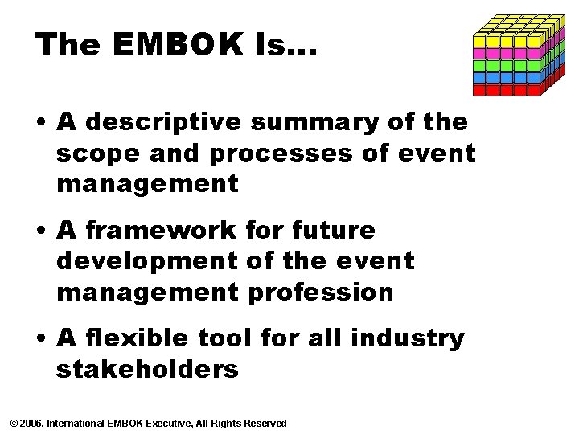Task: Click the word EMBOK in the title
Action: (170, 45)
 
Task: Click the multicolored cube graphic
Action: (518, 55)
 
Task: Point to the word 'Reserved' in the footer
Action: (265, 423)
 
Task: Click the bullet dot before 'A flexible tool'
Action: (39, 339)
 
